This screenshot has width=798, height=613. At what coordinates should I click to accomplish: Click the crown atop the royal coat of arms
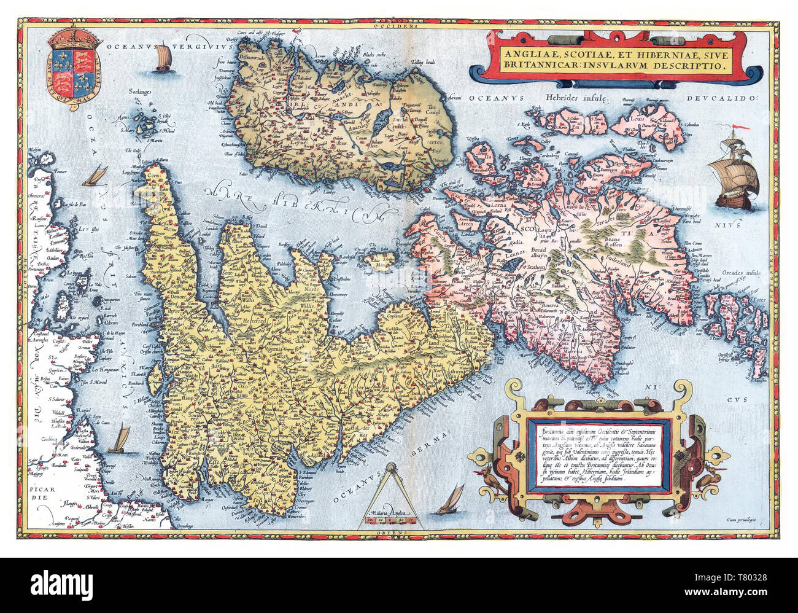[x=73, y=35]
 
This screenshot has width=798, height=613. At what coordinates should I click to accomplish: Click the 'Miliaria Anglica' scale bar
[x=390, y=519]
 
